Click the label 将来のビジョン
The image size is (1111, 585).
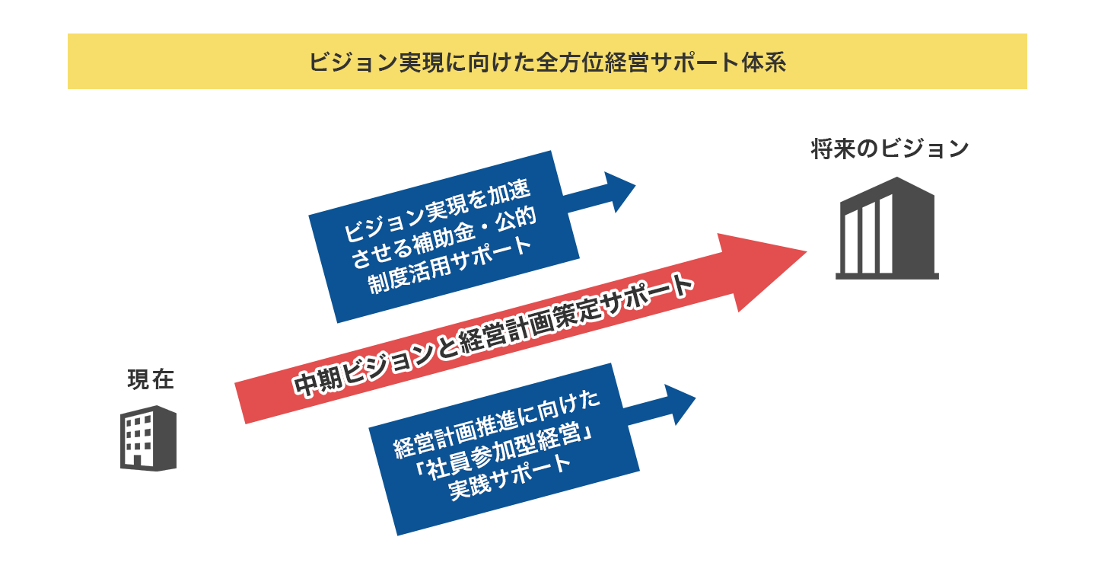889,149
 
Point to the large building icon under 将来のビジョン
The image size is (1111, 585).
887,228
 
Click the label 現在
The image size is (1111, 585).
150,379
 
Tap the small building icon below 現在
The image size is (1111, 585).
148,438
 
